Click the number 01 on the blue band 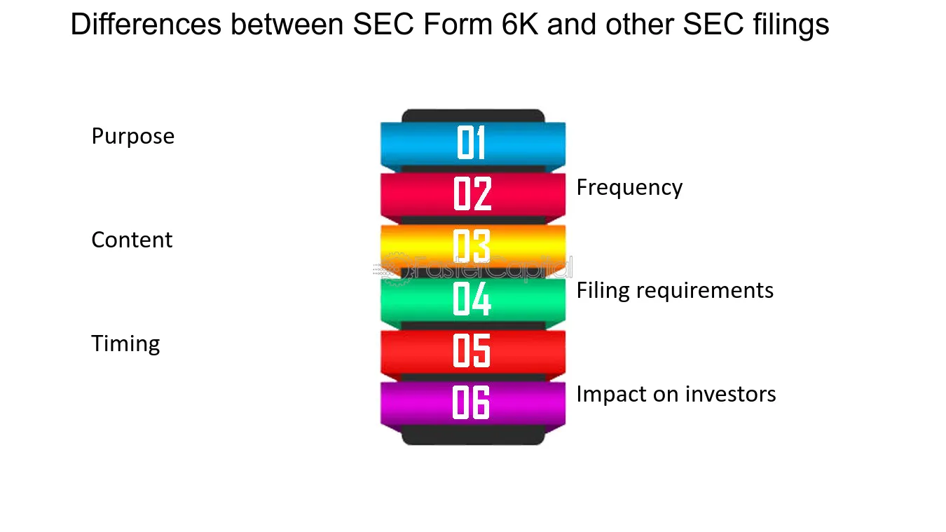coord(471,142)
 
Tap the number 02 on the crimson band coord(472,193)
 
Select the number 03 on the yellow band coord(472,246)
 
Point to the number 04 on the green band coord(472,299)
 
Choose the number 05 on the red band coord(472,350)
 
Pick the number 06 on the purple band coord(471,403)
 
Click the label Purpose coord(133,137)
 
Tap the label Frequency coord(629,188)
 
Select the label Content coord(132,240)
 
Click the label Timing coord(125,344)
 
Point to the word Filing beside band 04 coord(603,291)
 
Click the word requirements coord(705,291)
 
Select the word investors coord(731,395)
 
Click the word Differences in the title coord(146,24)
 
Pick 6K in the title coord(520,24)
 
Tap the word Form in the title coord(458,24)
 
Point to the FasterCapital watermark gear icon coord(396,269)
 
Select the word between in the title coord(287,24)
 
